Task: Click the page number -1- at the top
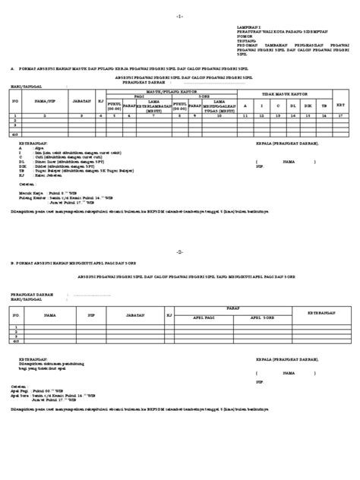[179, 15]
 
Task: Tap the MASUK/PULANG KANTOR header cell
[173, 90]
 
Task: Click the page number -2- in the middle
[179, 251]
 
